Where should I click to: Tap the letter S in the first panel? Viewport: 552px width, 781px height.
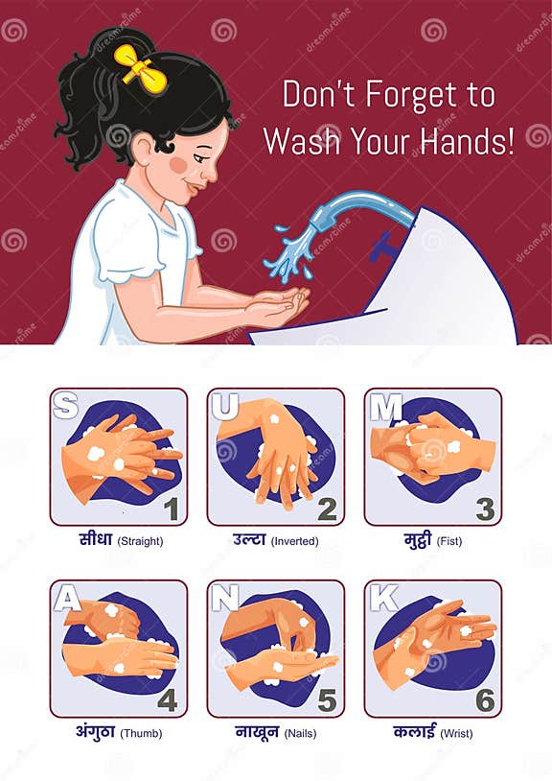[65, 406]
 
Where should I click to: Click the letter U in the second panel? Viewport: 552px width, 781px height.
[223, 406]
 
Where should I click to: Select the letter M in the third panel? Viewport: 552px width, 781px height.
[384, 407]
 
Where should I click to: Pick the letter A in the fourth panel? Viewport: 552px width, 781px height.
[66, 598]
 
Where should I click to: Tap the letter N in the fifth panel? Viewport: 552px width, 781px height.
[224, 598]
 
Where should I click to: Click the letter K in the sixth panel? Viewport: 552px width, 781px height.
[382, 598]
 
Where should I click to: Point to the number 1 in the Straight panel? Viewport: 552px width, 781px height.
[172, 509]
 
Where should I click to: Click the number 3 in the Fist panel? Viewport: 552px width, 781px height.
[485, 509]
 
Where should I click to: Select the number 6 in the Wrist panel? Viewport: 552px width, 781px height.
[485, 700]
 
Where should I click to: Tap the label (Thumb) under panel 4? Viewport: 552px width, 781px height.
[140, 733]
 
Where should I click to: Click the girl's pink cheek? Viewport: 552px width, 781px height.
[177, 164]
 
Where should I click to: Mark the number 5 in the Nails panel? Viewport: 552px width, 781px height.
[327, 700]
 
